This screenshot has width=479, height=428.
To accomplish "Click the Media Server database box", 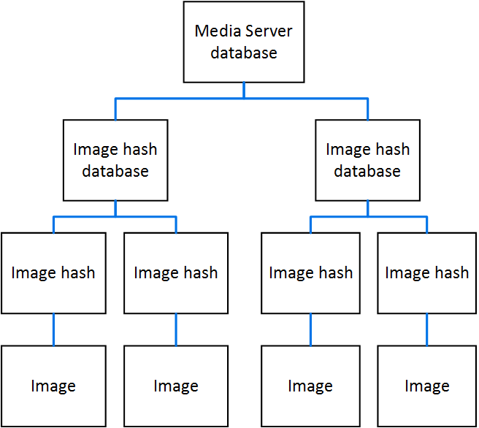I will (x=244, y=42).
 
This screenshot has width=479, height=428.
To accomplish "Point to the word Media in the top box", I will (x=213, y=31).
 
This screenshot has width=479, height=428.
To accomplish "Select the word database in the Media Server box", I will (x=244, y=53).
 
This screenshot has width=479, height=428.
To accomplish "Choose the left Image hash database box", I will (x=115, y=160).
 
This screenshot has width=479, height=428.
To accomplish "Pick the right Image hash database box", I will (x=367, y=160).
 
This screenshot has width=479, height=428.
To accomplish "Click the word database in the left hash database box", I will (x=115, y=172).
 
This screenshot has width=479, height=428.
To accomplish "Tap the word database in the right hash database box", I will (x=367, y=172).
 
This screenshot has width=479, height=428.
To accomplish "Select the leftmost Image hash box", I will (x=53, y=273).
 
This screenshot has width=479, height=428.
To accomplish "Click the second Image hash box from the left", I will (x=176, y=273).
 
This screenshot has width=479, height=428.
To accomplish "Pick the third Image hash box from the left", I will (x=310, y=273).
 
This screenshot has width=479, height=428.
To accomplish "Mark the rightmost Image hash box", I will (x=427, y=273).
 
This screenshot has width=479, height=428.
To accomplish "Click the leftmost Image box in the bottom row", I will (x=53, y=386).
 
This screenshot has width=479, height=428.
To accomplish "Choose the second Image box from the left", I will (x=176, y=386).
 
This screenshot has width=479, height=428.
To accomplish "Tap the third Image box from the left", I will (x=310, y=386).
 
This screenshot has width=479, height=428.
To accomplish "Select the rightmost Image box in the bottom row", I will (x=427, y=386).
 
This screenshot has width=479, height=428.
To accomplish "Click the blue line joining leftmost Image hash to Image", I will (x=53, y=329).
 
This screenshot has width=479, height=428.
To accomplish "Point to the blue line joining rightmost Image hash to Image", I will (x=427, y=329).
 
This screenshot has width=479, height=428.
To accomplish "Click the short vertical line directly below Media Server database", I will (x=244, y=89).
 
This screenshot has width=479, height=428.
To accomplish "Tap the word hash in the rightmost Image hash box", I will (x=451, y=273).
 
